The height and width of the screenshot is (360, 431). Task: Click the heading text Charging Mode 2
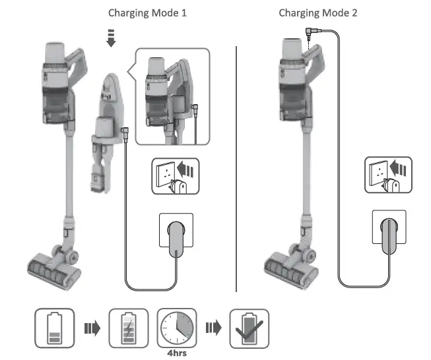[318, 13]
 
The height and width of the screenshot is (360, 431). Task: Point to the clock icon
[176, 326]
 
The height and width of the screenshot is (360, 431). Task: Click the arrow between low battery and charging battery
[91, 328]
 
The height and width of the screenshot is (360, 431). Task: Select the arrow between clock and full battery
[213, 328]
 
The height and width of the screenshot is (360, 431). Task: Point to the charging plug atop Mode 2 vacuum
[310, 34]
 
